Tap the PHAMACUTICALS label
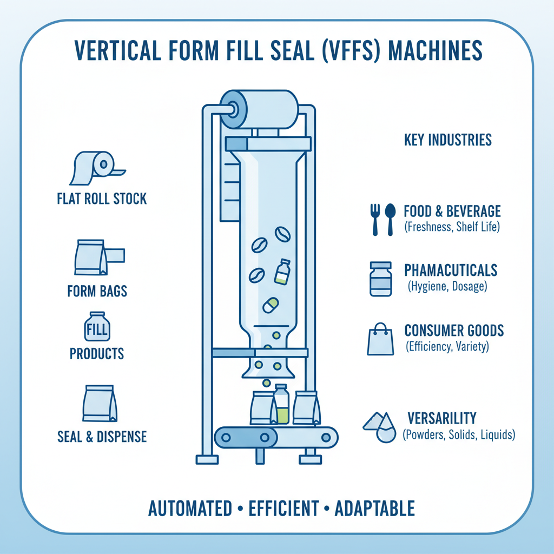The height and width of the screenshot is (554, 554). tap(451, 271)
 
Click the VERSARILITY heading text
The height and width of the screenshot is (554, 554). tap(442, 418)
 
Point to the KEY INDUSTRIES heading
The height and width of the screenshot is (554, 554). tap(448, 140)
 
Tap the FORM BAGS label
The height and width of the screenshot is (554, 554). tap(97, 291)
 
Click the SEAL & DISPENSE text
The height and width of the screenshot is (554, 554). tap(102, 437)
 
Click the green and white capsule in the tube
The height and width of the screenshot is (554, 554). tap(270, 305)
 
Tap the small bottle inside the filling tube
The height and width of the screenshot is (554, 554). tap(282, 272)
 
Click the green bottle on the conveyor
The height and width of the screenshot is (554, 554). tap(281, 405)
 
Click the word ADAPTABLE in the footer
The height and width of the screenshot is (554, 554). tap(375, 509)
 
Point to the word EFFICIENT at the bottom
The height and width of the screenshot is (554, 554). tap(284, 509)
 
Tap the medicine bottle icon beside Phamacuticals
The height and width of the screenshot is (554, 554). tap(381, 279)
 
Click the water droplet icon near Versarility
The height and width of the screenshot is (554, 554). tap(385, 431)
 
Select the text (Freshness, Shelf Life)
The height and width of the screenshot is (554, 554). tap(452, 227)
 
